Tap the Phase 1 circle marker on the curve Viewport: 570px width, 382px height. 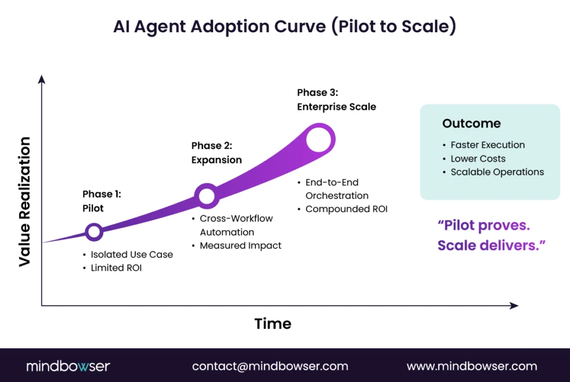(x=94, y=232)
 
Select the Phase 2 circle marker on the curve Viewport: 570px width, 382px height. (x=207, y=195)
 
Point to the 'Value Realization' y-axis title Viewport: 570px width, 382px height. (x=25, y=202)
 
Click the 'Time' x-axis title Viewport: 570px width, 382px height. (x=273, y=324)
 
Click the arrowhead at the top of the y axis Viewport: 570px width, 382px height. (x=41, y=80)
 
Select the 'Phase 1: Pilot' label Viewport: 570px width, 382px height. (x=102, y=201)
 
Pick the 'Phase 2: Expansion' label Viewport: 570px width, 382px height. (x=217, y=153)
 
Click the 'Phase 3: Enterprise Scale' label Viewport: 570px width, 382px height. (x=336, y=99)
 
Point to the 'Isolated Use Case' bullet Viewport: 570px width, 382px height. (x=131, y=254)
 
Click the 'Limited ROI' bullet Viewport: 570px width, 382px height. (x=116, y=268)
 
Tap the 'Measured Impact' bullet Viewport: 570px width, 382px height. (x=240, y=246)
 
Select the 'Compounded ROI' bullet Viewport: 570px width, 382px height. (x=346, y=209)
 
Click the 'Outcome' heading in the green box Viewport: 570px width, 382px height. (x=471, y=124)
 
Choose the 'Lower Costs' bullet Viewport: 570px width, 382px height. (x=478, y=159)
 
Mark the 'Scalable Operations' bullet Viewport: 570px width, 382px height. (x=497, y=172)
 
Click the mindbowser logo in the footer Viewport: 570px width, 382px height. (x=68, y=366)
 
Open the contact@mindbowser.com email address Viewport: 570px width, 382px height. (x=270, y=366)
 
